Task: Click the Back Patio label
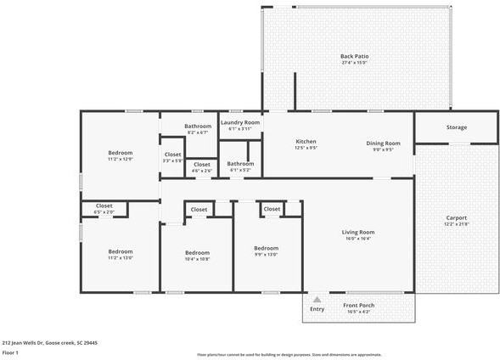point(354,56)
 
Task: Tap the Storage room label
point(457,127)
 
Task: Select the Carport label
point(457,217)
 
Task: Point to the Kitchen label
point(306,141)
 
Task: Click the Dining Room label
point(383,143)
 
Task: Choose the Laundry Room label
point(240,122)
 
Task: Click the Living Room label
point(357,232)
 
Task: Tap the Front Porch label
point(358,305)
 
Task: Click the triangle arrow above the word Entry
point(317,299)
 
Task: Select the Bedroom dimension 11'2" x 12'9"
point(120,159)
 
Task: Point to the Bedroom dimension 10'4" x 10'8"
point(197,258)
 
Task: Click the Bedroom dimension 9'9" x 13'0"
point(266,254)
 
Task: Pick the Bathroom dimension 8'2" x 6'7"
point(197,132)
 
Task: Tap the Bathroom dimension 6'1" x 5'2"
point(240,169)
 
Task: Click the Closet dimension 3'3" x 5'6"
point(172,160)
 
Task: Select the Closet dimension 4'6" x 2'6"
point(202,171)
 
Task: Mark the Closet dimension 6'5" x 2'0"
point(104,211)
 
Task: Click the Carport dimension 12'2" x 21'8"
point(457,223)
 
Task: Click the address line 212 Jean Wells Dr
point(49,342)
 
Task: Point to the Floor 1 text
point(10,352)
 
